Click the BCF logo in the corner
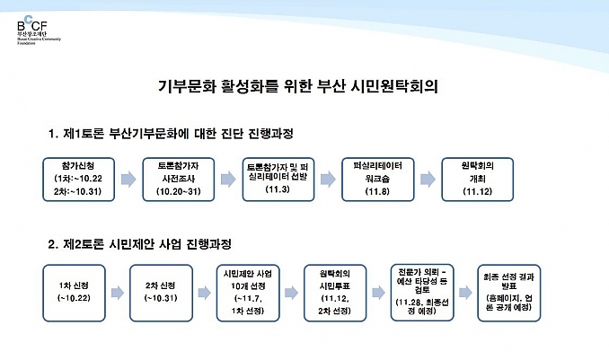[39, 30]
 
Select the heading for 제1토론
[171, 134]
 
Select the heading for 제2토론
[140, 244]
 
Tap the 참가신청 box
[78, 180]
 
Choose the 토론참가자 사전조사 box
[178, 180]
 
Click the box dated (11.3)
[278, 180]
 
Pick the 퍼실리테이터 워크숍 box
[378, 180]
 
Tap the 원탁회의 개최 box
[477, 180]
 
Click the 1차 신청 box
[74, 294]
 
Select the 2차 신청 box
[161, 294]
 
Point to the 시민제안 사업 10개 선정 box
[248, 294]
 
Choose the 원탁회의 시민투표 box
[335, 294]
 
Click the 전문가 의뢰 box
[422, 294]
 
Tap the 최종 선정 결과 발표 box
[508, 294]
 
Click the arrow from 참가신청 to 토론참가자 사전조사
[128, 180]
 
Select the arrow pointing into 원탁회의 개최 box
[428, 180]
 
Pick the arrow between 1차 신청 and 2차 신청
[118, 293]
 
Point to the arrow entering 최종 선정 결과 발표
[465, 293]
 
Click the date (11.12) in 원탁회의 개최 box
[477, 191]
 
